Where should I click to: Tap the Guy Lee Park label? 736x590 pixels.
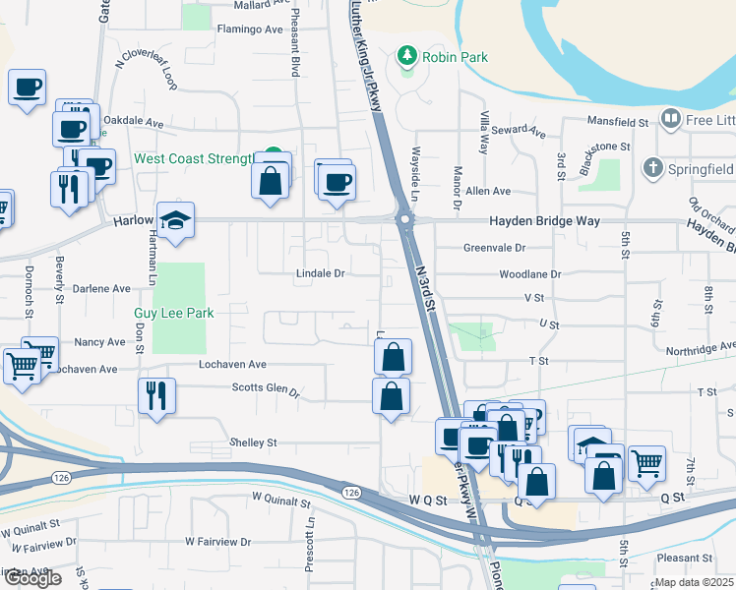[x=174, y=313]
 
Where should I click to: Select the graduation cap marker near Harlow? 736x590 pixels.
[x=176, y=221]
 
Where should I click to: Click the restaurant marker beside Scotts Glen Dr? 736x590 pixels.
[x=157, y=395]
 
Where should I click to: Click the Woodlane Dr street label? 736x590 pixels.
[x=529, y=274]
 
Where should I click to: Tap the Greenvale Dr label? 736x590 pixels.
[x=494, y=249]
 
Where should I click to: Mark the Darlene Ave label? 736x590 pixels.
[x=102, y=289]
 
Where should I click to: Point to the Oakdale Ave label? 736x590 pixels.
[x=134, y=124]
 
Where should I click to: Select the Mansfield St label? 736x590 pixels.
[x=618, y=123]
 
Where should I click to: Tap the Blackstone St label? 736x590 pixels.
[x=603, y=147]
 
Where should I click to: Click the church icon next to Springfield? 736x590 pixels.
[x=652, y=168]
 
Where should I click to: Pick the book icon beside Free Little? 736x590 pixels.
[x=671, y=119]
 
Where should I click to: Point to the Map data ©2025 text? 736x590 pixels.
[x=695, y=582]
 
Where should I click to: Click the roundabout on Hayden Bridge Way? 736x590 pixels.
[x=403, y=219]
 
